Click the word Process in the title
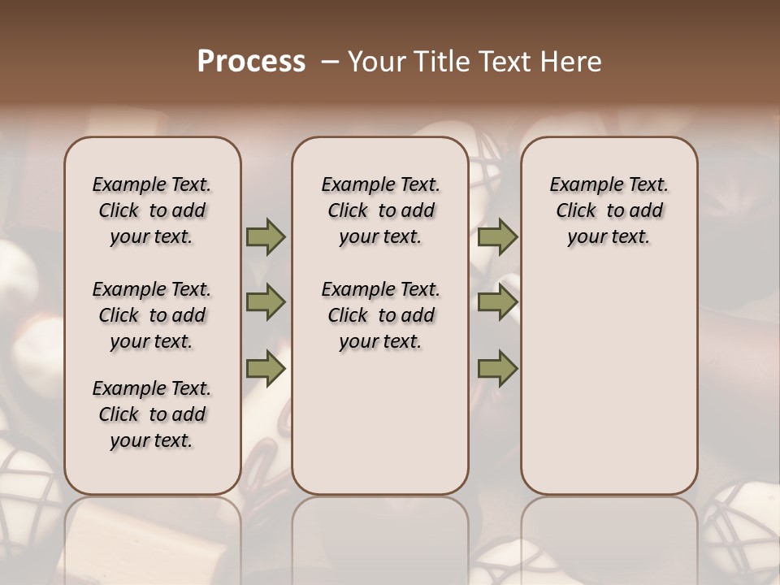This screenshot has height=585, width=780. pos(251,62)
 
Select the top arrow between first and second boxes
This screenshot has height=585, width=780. pos(266,237)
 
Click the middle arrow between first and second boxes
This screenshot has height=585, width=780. pos(266,303)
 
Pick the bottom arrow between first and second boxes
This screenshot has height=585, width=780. pos(266,369)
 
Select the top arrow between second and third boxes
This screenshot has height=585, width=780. pos(498,237)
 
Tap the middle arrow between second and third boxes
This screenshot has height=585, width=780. pos(498,303)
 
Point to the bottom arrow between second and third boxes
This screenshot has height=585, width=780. pos(498,369)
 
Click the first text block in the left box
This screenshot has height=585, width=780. pos(152,210)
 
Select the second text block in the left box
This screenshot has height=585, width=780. pos(152,315)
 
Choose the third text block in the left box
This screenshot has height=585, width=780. pos(152,414)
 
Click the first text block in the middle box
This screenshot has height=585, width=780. pos(380,210)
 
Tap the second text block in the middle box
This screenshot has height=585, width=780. pos(380,315)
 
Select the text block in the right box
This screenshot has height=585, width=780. pos(609,210)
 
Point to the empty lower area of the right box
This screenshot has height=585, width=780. pos(609,382)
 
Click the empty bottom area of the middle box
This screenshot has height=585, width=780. pos(380,431)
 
